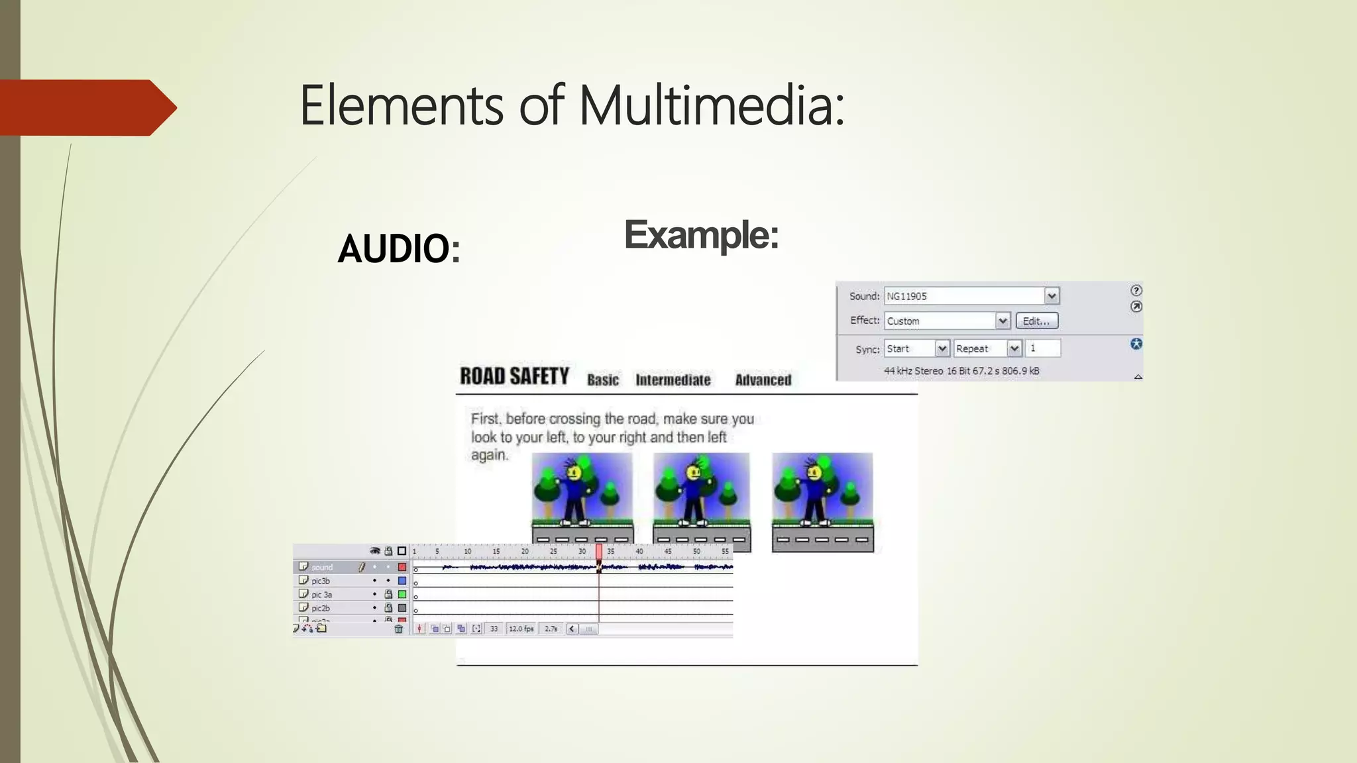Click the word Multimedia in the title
point(712,106)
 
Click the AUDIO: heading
point(398,249)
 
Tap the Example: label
point(701,235)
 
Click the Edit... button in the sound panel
point(1036,321)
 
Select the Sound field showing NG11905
point(965,296)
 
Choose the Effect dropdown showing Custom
point(941,321)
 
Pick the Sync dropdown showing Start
point(910,348)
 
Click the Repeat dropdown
point(980,348)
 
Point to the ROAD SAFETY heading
point(514,377)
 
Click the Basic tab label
point(602,380)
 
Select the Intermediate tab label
point(673,380)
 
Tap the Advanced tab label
point(763,380)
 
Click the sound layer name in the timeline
point(322,568)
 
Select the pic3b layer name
point(321,581)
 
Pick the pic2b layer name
point(321,608)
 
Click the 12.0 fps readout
point(521,629)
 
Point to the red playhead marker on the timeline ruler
point(599,551)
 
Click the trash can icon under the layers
point(398,629)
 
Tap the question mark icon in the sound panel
point(1136,291)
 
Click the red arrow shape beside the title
point(86,108)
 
